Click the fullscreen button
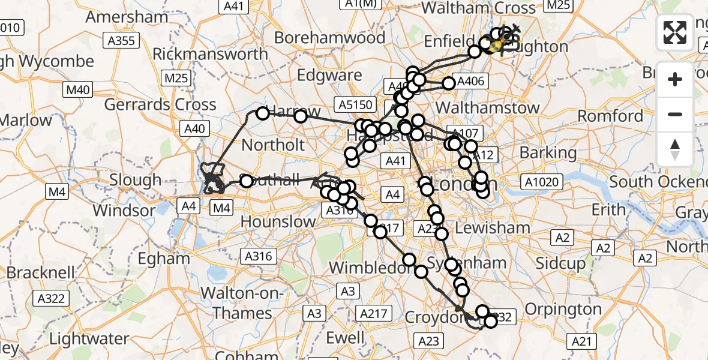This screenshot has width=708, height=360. coord(675,32)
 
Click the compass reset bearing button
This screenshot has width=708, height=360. coord(675,149)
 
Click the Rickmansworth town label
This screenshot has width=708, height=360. coord(210,54)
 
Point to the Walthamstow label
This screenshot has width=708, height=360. coord(488,109)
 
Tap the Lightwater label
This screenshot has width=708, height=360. coord(89,339)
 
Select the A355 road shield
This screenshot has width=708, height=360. coord(122,41)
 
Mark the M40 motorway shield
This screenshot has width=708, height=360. coord(78,90)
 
